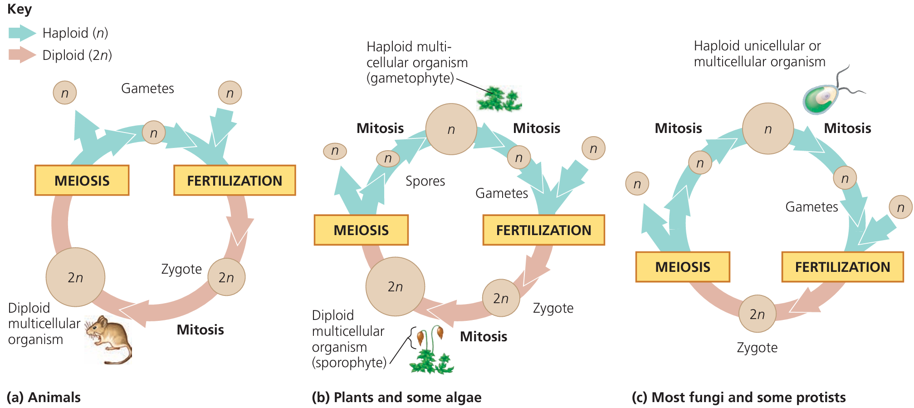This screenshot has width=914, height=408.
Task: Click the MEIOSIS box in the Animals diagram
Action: [82, 181]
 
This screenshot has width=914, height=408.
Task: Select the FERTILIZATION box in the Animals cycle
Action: [235, 181]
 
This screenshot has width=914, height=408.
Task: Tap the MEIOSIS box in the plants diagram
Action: [361, 230]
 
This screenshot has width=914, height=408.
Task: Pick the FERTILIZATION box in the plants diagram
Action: [543, 230]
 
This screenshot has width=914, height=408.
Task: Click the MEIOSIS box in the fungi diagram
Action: [683, 267]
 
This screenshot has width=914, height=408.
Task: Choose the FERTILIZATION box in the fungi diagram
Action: [842, 267]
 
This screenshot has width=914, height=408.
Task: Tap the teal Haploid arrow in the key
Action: [22, 33]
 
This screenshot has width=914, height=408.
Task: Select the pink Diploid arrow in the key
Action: [22, 55]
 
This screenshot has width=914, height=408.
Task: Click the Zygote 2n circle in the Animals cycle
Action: [226, 277]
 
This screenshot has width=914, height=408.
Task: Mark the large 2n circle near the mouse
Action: [75, 277]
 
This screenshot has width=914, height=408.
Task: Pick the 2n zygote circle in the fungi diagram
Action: [757, 314]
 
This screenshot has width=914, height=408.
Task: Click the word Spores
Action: [425, 181]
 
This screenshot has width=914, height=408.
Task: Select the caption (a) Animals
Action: [44, 397]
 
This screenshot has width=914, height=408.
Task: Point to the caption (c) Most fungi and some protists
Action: [738, 397]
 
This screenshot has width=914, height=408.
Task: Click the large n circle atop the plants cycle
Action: [451, 129]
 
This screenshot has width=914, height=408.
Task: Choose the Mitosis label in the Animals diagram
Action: [200, 329]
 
